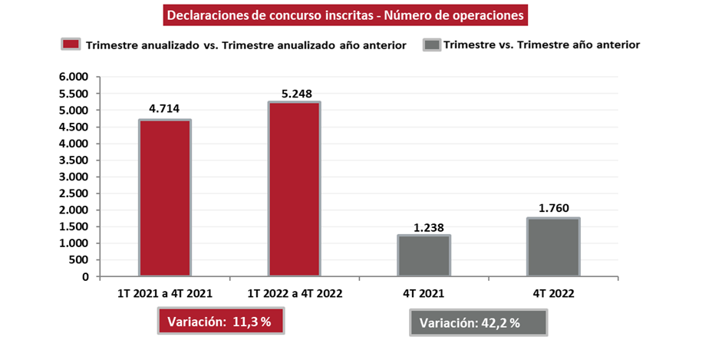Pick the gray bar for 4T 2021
click(424, 256)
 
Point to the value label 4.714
click(164, 108)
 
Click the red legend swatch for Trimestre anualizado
click(71, 45)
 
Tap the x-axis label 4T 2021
click(424, 294)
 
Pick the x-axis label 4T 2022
click(552, 294)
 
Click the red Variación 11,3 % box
click(221, 322)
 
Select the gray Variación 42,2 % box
click(477, 323)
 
